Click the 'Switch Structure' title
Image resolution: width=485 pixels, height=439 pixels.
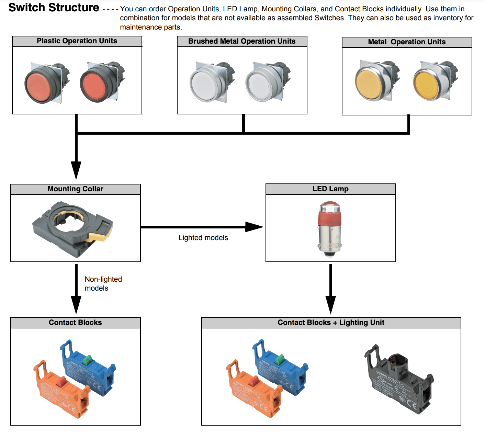(x=54, y=8)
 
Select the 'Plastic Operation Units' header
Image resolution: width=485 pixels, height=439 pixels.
(x=77, y=41)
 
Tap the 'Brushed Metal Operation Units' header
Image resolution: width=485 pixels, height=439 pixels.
(x=242, y=41)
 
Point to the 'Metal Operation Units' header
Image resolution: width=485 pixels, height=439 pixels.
(x=407, y=42)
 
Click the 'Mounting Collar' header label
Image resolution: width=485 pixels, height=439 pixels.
(x=75, y=189)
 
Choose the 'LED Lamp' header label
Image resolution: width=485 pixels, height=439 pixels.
(x=330, y=189)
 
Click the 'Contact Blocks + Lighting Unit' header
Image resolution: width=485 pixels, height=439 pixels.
(x=331, y=323)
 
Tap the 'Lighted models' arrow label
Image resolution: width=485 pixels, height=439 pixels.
(x=203, y=238)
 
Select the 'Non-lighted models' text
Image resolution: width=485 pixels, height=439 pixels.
(x=103, y=284)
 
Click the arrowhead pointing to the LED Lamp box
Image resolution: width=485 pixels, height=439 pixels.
(x=254, y=227)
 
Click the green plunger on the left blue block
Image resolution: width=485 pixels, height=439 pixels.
(x=88, y=360)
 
